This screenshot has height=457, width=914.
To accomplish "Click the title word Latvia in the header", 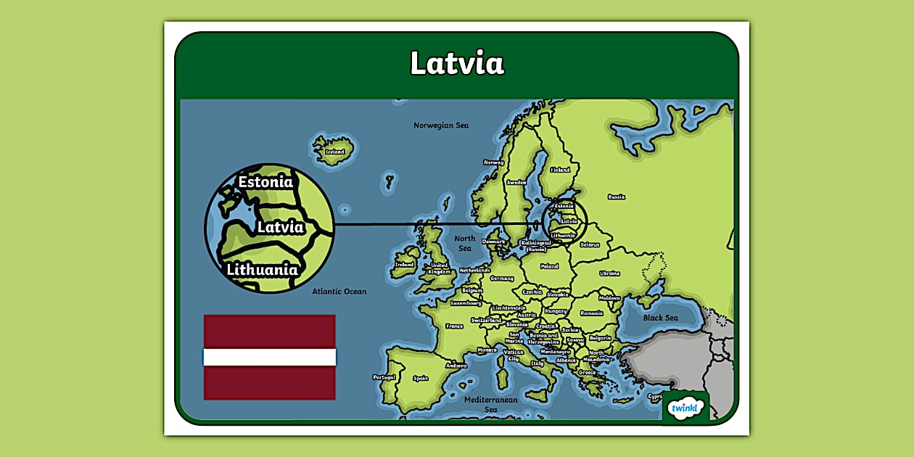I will [457, 63].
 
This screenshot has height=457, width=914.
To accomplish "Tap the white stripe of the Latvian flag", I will [269, 357].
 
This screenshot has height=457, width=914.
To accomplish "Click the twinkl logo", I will [685, 407].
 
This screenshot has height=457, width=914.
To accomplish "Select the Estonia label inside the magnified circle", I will [265, 182].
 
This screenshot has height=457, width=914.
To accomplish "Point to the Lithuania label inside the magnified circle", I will [262, 270].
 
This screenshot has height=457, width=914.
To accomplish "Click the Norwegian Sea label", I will [441, 125].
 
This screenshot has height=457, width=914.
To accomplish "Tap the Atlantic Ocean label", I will [339, 292].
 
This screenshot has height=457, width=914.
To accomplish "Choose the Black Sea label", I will [661, 318].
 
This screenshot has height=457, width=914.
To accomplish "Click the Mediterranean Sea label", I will [491, 404].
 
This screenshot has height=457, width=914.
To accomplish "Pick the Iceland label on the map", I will [334, 152].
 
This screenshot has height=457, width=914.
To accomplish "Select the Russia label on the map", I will [616, 197].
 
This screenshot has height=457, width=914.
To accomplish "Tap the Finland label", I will [560, 170].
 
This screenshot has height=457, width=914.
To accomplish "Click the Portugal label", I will [384, 377].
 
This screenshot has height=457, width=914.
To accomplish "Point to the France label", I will [454, 326].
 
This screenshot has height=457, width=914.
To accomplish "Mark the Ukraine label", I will [609, 273].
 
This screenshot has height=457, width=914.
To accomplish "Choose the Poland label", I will [549, 266].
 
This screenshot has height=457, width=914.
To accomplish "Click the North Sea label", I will [464, 243].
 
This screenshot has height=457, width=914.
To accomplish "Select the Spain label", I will [420, 378].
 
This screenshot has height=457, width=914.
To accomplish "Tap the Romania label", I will [591, 313].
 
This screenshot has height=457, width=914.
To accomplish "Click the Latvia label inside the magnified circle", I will [280, 227].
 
